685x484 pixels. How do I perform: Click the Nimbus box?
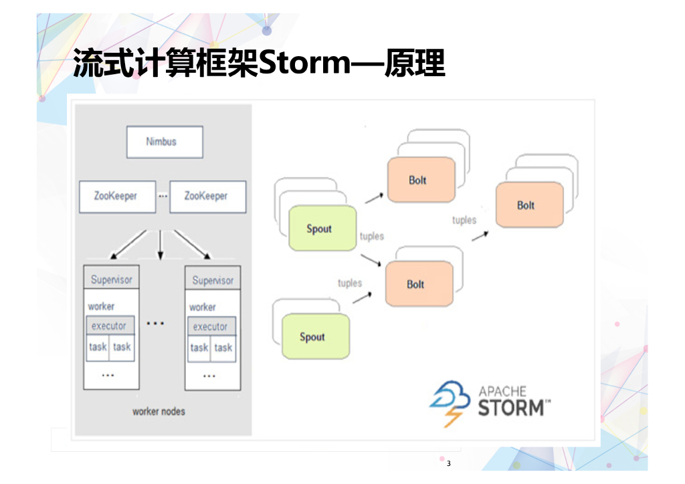coord(165,142)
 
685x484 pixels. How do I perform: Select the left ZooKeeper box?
coord(117,197)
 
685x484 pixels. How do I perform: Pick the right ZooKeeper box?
coord(207,197)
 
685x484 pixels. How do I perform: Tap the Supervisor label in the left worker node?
coord(111,279)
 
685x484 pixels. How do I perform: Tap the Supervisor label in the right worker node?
coord(212,280)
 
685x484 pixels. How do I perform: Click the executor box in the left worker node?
coord(110,326)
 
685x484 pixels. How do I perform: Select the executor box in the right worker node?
coord(211,327)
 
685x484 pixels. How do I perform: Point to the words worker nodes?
coord(159,411)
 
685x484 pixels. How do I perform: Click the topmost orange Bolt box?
coord(421,180)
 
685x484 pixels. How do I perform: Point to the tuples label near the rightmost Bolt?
coord(464,220)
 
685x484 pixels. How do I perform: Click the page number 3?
coord(449,463)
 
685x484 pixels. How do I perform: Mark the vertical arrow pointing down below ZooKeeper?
coord(160,245)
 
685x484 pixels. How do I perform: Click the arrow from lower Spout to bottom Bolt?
coord(361,297)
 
